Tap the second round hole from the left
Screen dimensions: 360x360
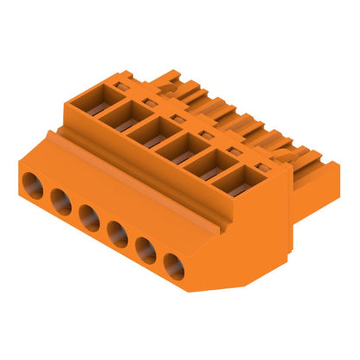tap(61, 201)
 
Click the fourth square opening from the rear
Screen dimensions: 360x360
tap(178, 149)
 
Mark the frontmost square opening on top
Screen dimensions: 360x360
tap(234, 183)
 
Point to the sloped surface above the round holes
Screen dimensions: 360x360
tap(112, 186)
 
